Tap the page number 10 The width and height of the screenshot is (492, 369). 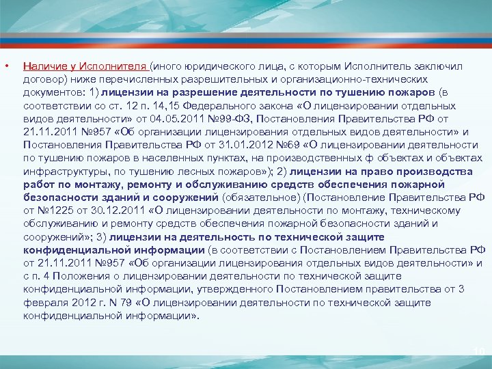[x=478, y=351]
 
